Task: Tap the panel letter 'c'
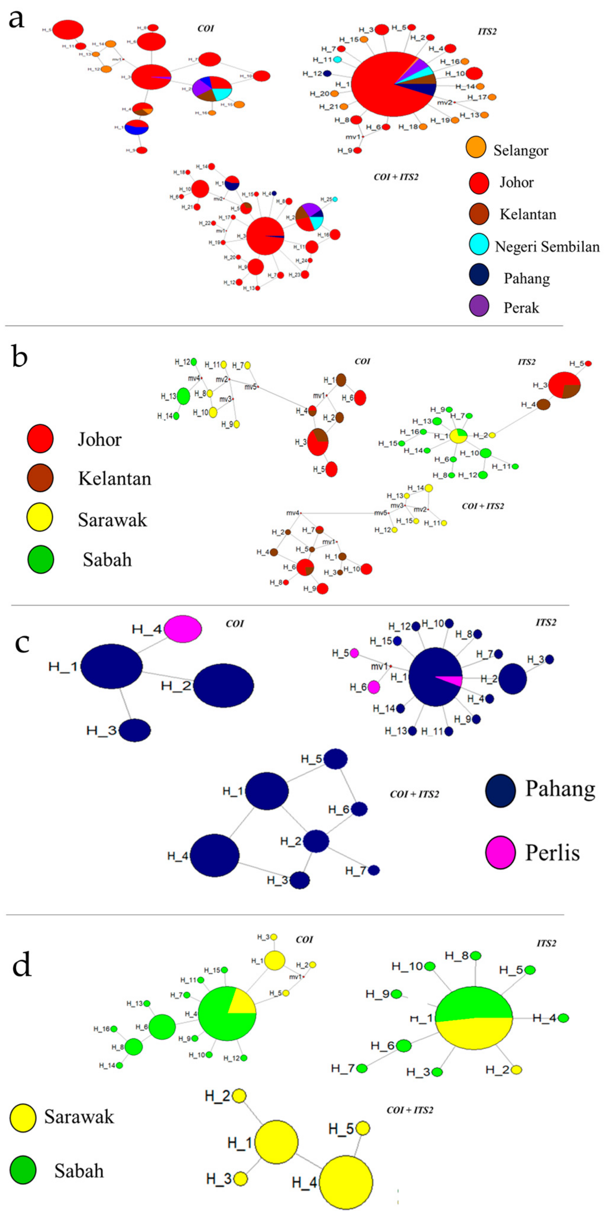click(22, 644)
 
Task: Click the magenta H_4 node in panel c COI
click(183, 629)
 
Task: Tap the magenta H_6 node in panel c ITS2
click(373, 687)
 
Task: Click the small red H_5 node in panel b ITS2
click(588, 363)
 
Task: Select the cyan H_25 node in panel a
click(334, 199)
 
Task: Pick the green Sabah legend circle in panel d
click(23, 1170)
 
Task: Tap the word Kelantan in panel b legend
click(114, 479)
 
